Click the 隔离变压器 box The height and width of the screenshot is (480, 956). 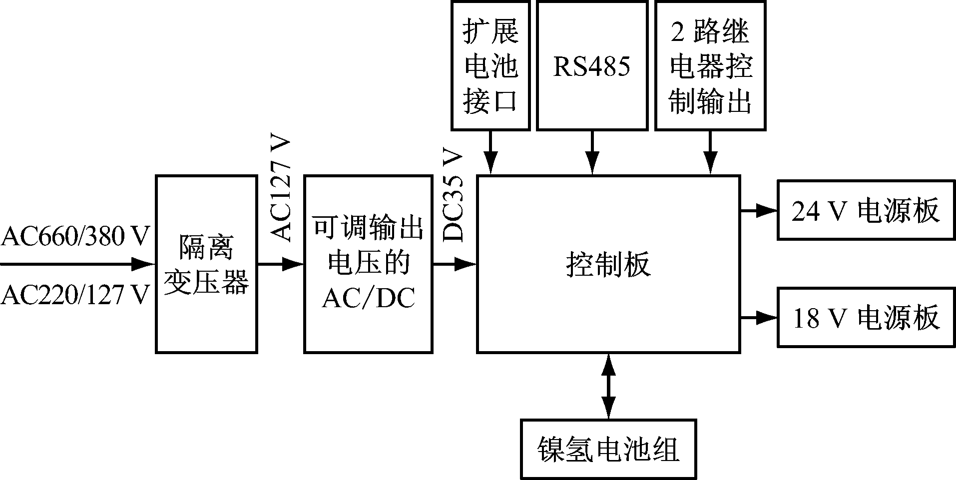(x=206, y=264)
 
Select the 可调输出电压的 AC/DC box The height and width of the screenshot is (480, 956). (x=368, y=264)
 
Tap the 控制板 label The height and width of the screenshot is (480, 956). (x=608, y=264)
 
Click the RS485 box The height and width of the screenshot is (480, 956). (x=592, y=65)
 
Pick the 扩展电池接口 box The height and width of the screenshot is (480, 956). (x=490, y=65)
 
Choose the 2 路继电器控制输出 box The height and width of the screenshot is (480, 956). (x=710, y=65)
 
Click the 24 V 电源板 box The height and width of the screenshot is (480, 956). (x=866, y=210)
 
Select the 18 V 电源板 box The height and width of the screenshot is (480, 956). (x=866, y=318)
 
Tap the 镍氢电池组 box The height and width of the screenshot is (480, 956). (x=608, y=449)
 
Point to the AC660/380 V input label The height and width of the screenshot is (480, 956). (x=75, y=236)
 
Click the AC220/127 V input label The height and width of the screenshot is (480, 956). (x=75, y=295)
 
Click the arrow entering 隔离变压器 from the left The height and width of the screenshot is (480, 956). (x=77, y=264)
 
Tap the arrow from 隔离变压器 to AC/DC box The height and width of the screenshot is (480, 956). (x=280, y=264)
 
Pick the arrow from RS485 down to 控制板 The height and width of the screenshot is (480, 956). (x=592, y=153)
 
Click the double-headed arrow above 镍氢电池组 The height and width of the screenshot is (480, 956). (x=608, y=386)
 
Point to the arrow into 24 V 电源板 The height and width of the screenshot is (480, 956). (x=758, y=211)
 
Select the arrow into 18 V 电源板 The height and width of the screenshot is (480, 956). (x=758, y=318)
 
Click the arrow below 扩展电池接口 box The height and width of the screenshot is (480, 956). (x=490, y=153)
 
